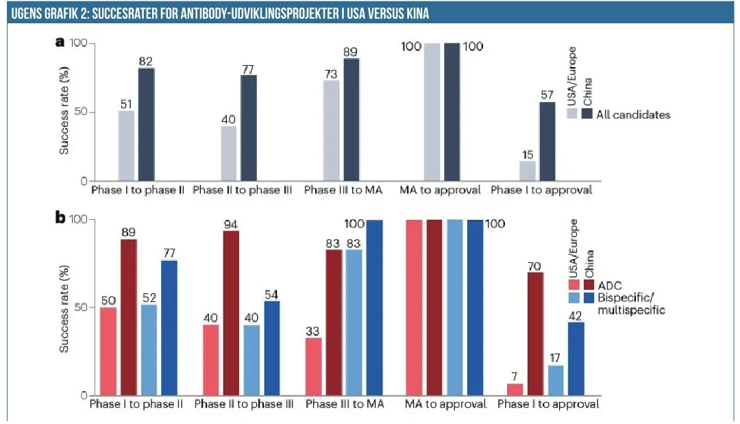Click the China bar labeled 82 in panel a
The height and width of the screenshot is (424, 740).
(x=147, y=125)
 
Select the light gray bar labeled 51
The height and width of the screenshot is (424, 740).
(x=126, y=146)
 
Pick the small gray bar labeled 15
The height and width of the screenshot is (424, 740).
(x=527, y=171)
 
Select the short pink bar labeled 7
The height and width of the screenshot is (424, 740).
(x=515, y=390)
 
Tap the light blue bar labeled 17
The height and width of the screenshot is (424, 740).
(x=556, y=380)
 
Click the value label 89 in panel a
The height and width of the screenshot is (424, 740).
(x=351, y=51)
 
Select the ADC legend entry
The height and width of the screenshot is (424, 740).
(x=607, y=285)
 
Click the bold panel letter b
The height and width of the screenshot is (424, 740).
(x=60, y=218)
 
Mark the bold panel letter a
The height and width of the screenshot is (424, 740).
(x=60, y=42)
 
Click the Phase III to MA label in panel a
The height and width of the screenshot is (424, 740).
(x=343, y=190)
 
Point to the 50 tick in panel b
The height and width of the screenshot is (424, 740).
(x=77, y=308)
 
